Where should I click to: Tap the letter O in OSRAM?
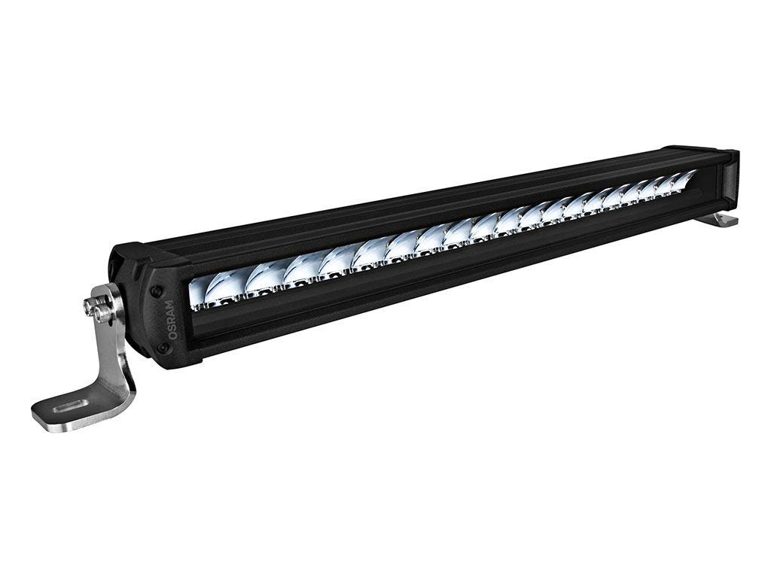[x=175, y=335]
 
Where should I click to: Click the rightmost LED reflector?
[x=683, y=179]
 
